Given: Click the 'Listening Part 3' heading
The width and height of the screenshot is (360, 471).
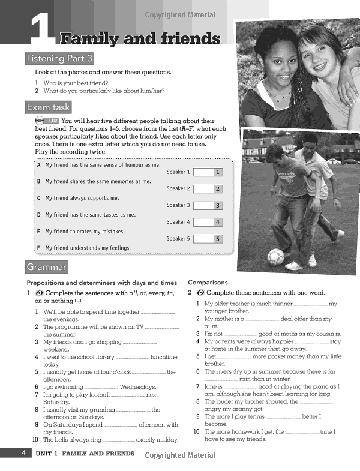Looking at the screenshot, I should coord(59,58).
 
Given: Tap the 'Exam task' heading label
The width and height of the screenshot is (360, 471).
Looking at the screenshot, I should coord(48,107).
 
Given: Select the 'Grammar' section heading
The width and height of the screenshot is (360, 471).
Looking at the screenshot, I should coord(46,266).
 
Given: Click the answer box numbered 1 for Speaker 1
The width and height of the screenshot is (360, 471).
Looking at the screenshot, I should coord(208,172).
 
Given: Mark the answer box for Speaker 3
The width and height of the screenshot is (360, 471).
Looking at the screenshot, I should coord(208,206).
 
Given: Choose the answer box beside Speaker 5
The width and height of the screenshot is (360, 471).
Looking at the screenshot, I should coord(208,239).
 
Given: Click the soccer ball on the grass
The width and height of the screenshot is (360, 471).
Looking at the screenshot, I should coord(275,257).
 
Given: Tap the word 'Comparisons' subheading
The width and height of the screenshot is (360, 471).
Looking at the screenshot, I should coord(208,282).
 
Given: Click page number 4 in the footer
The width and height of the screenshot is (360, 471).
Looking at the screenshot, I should coord(23,454).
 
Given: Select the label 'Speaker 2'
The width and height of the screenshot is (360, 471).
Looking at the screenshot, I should coord(178,189).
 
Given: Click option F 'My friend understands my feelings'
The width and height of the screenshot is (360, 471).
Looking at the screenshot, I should coord(88,248).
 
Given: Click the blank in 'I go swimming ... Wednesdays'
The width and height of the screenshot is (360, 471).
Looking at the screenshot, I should coord(101,388).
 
